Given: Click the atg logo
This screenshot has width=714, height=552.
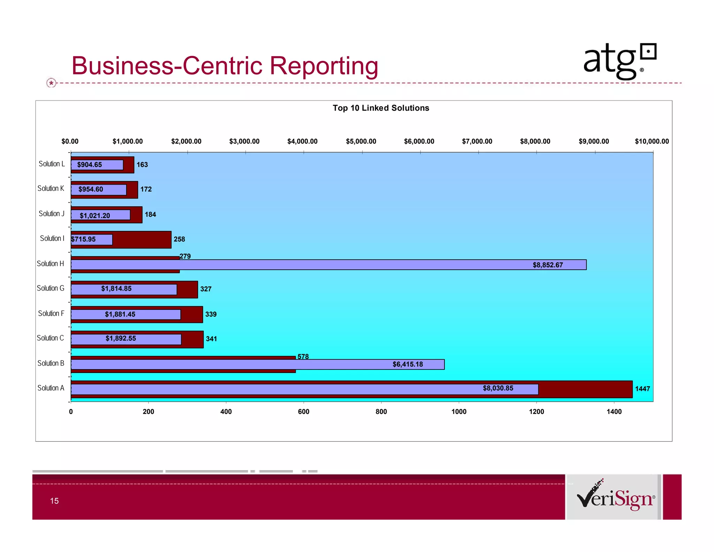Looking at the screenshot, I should [619, 61].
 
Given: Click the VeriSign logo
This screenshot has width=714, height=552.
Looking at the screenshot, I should [616, 497].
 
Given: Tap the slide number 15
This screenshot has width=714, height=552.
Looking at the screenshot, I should [54, 501].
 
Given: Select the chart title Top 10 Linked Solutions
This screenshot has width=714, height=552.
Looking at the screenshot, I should [381, 108].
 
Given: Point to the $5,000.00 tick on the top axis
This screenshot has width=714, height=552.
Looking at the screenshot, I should [361, 141].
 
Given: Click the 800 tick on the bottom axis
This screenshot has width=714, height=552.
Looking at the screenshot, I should [381, 411].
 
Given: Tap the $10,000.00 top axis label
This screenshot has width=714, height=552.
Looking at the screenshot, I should [652, 141].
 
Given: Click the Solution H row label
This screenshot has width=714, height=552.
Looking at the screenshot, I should [51, 263].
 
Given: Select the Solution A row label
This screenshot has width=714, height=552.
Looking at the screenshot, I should [51, 388].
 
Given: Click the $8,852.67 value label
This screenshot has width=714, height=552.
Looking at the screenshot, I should [547, 265].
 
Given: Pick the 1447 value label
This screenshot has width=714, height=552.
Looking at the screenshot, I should [642, 389].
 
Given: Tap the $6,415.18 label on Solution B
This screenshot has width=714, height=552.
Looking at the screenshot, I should [408, 364].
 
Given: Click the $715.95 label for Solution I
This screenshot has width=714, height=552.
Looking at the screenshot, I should [83, 239].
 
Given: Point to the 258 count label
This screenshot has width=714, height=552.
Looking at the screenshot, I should [179, 239].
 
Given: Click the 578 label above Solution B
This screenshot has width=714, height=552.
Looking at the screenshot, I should [303, 357].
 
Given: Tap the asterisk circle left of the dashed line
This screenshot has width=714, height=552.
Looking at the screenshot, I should [51, 83].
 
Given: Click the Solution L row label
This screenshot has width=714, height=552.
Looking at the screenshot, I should [52, 164].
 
